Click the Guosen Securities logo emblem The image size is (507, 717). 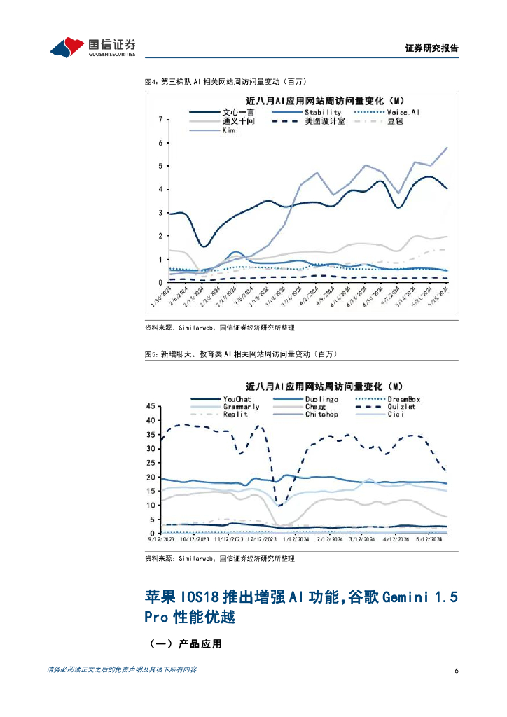coord(67,48)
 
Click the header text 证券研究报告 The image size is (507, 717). coord(431,48)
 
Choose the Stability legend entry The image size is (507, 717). coord(322,112)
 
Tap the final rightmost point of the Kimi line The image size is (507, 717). coord(447,148)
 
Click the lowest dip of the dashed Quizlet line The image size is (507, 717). coord(279,506)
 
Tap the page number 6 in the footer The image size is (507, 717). coord(456,670)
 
